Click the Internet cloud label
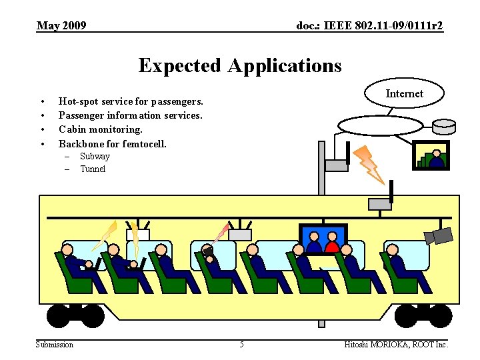tap(404, 93)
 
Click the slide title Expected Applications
tap(240, 65)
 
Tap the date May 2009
tap(61, 26)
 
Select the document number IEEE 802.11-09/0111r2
tap(369, 26)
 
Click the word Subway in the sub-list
tap(95, 157)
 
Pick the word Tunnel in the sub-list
tap(93, 169)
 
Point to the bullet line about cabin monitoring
tap(101, 129)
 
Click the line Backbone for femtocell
tap(113, 143)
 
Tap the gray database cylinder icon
tap(443, 126)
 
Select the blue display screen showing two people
tap(323, 239)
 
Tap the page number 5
tap(241, 345)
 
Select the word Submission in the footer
tap(55, 345)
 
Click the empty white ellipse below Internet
tap(380, 125)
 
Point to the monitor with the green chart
tap(431, 155)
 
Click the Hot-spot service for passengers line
tap(131, 101)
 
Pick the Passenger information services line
tap(131, 115)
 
